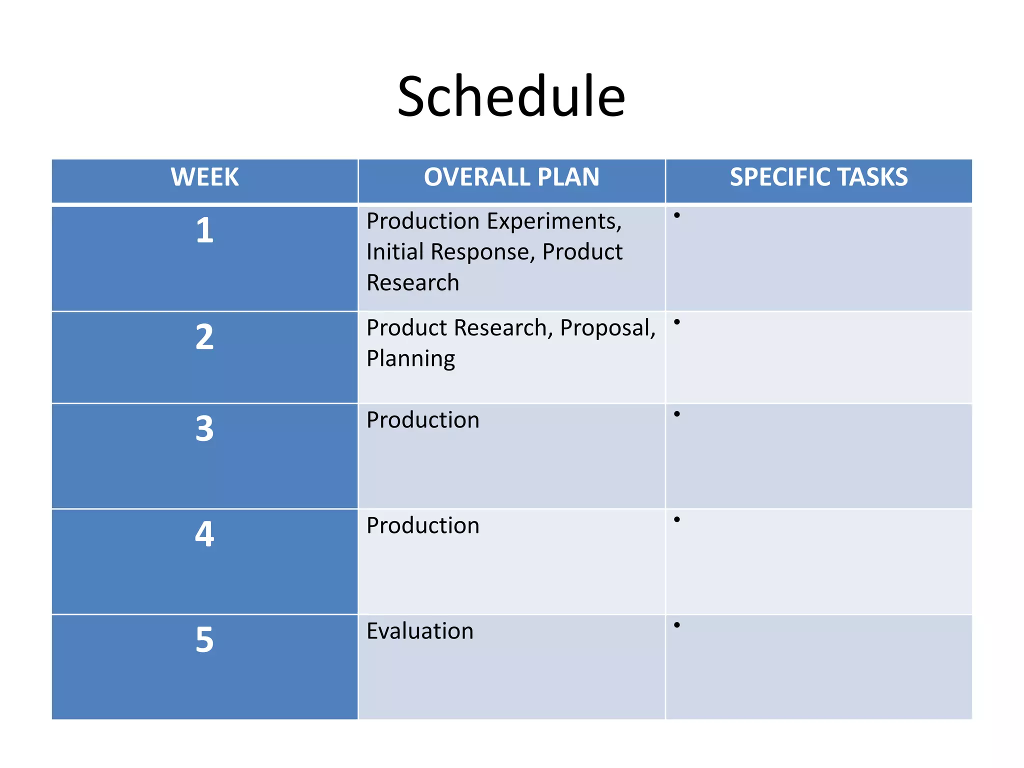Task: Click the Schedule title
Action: [x=511, y=96]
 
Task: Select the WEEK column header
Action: [x=204, y=177]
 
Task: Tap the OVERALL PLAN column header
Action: [x=511, y=177]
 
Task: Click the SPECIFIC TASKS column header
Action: [x=818, y=177]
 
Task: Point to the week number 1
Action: [x=204, y=230]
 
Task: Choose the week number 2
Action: [x=204, y=337]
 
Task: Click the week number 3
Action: [x=204, y=429]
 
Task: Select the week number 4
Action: [x=204, y=534]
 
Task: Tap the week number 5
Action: [x=204, y=640]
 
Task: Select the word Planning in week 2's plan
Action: [x=410, y=359]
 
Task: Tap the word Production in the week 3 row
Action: [x=423, y=420]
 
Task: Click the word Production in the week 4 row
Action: [x=423, y=525]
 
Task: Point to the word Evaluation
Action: [x=420, y=631]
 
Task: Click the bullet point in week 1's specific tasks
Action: [x=677, y=215]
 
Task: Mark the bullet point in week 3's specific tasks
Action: [x=677, y=414]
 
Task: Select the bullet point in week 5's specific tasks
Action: [x=677, y=625]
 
